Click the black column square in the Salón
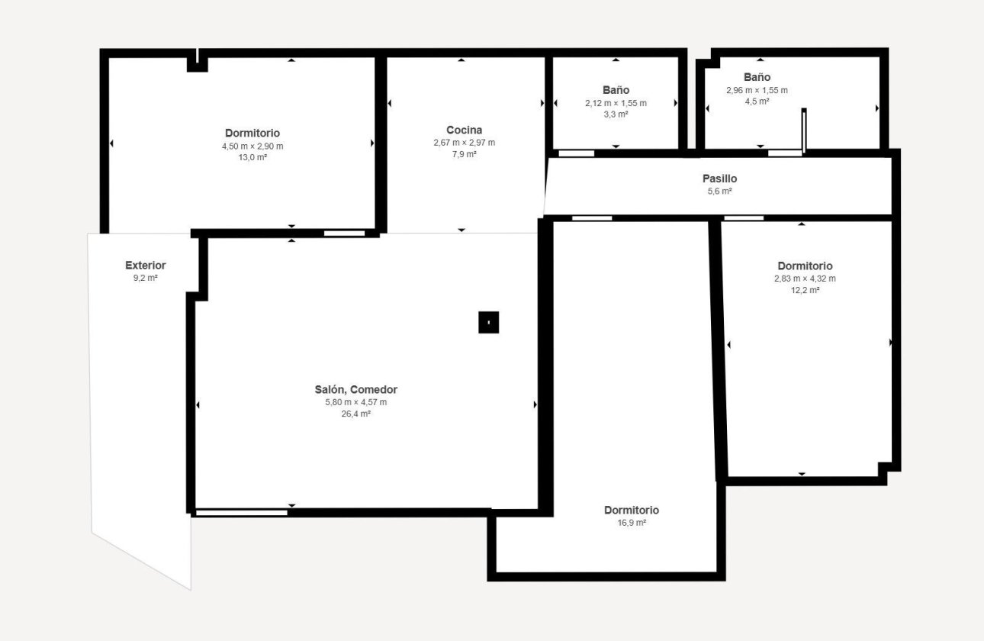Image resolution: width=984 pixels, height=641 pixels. (488, 323)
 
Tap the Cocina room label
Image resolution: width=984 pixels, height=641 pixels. (464, 130)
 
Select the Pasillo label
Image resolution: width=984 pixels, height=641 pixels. (719, 179)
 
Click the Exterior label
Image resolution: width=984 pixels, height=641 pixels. (145, 266)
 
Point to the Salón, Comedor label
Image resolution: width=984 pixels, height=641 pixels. (355, 389)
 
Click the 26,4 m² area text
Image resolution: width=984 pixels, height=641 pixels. (355, 414)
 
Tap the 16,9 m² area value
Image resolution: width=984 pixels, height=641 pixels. (631, 523)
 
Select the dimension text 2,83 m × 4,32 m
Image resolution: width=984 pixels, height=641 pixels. (805, 279)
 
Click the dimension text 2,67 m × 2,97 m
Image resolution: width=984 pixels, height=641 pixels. (464, 143)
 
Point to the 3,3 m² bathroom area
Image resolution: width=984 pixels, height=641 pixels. (616, 114)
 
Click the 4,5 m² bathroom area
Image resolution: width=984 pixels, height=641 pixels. (757, 101)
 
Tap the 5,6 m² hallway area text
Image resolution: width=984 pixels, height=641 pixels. (719, 192)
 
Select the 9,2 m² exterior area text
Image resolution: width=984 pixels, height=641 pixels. (145, 279)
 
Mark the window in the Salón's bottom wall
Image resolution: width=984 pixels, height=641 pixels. (242, 512)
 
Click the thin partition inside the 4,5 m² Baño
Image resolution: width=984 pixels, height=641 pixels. (804, 131)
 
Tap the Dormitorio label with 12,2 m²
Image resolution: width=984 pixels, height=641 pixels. (805, 266)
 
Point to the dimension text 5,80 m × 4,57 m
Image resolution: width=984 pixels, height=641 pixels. (355, 402)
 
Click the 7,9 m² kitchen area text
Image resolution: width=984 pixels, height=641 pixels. (464, 155)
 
